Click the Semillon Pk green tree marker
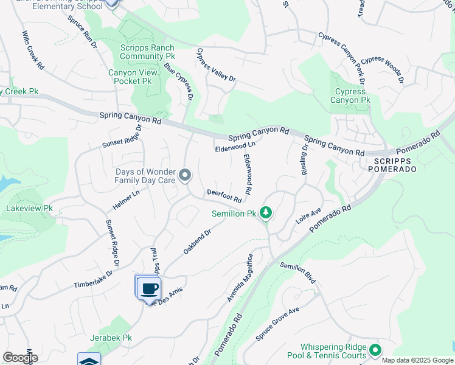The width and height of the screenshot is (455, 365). click(265, 213)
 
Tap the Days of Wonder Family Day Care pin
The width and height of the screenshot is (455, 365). click(186, 176)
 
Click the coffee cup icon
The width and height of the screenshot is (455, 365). click(149, 288)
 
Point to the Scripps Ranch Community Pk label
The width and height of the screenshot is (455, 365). click(147, 52)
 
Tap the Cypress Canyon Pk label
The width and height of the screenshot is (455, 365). click(350, 96)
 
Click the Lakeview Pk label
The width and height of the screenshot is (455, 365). click(29, 208)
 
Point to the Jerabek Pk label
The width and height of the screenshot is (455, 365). click(110, 338)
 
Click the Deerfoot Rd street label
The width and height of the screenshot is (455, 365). click(224, 195)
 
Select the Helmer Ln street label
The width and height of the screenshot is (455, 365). click(127, 201)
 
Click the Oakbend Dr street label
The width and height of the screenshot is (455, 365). click(196, 242)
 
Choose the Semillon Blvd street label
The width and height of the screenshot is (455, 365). click(298, 273)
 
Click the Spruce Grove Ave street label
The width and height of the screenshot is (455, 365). click(278, 319)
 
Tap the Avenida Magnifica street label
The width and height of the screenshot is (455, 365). click(240, 279)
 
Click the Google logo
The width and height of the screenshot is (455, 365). click(21, 358)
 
